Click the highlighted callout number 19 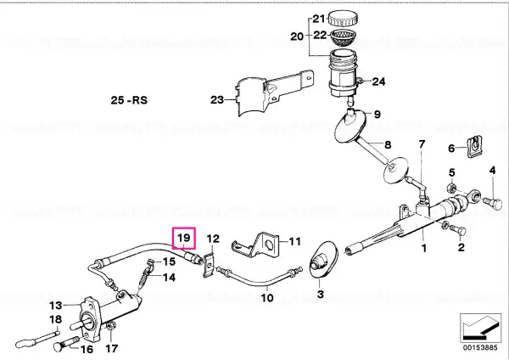pos(184,238)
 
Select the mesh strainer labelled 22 pos(343,39)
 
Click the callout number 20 pos(297,36)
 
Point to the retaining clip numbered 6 pos(474,147)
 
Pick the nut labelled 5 pos(451,188)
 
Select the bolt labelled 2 pos(458,231)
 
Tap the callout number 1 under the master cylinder pos(423,249)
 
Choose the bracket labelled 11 pos(255,245)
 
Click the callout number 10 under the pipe pos(267,297)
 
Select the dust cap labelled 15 pos(150,263)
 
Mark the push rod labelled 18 pos(37,339)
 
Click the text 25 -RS pos(129,99)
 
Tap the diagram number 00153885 pos(480,347)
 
